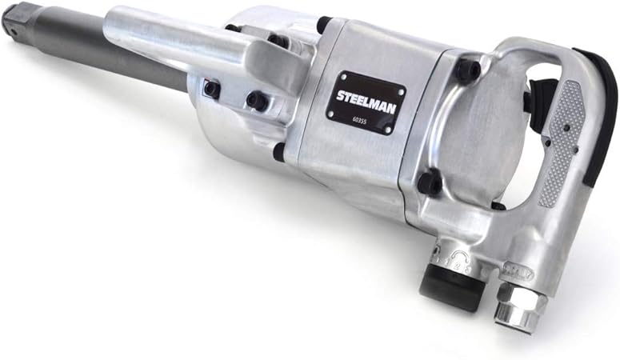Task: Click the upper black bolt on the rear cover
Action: click(x=468, y=70)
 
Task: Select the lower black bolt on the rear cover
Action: click(x=430, y=183)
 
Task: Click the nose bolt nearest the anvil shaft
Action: click(x=211, y=89)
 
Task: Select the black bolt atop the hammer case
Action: click(x=324, y=24)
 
